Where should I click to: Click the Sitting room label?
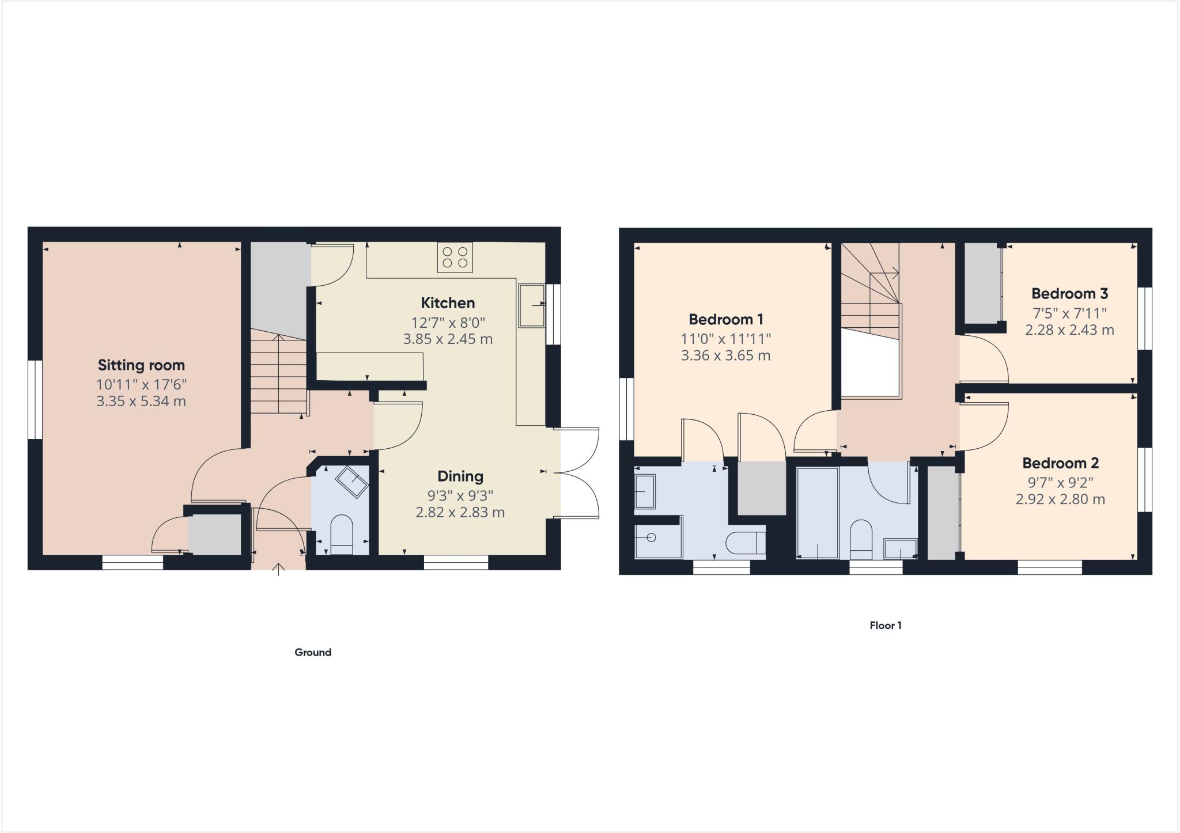(x=141, y=365)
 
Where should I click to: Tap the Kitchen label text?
(x=448, y=303)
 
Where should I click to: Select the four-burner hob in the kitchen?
(x=455, y=258)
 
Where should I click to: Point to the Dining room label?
(x=460, y=476)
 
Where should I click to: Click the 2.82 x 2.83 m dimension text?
(x=460, y=512)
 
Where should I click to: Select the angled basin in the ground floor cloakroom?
(x=352, y=482)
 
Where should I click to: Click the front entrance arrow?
(x=279, y=570)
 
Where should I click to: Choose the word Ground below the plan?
(x=313, y=652)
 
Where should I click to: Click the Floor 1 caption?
(x=886, y=625)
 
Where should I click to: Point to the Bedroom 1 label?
(x=726, y=319)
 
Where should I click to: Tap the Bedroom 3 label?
(x=1069, y=294)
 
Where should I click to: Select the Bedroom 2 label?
(x=1060, y=463)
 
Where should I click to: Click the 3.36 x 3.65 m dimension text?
(x=725, y=355)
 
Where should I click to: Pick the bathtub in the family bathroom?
(x=817, y=513)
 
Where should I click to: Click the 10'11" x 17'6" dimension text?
(x=141, y=384)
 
